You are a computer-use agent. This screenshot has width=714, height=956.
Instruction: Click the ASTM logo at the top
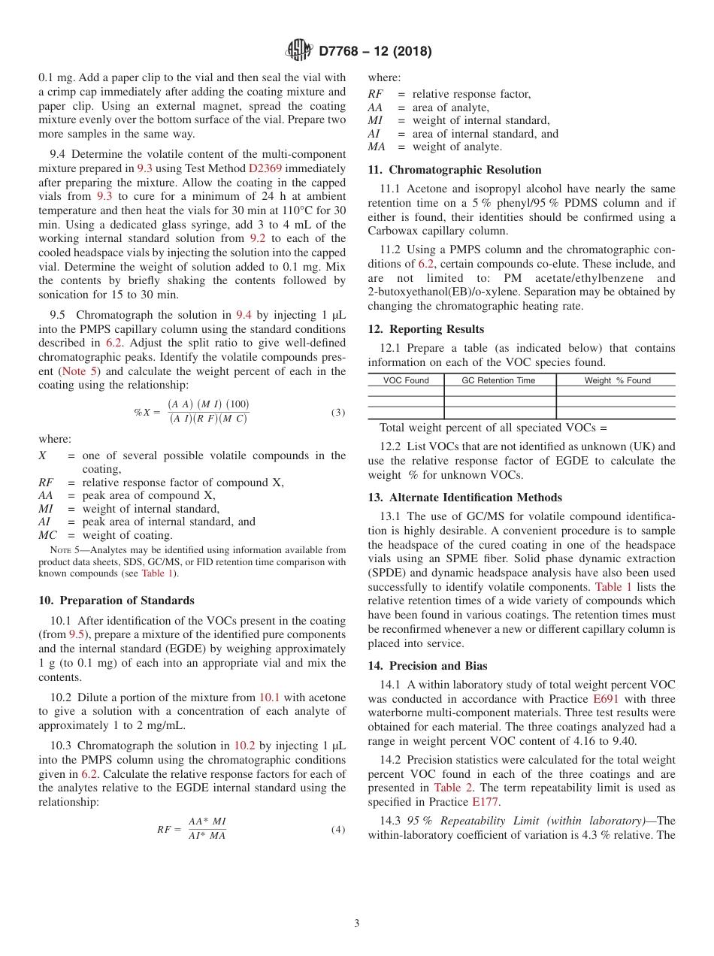coord(299,51)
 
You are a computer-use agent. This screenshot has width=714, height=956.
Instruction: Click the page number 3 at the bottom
coord(357,923)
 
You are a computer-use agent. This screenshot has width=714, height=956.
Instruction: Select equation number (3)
coord(338,413)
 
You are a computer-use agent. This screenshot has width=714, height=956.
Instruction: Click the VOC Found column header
coord(406,380)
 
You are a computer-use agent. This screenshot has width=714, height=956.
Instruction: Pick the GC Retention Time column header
coord(499,380)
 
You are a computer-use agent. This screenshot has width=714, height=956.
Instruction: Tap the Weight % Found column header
coord(617,380)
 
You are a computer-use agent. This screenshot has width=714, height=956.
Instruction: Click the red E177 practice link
coord(486,802)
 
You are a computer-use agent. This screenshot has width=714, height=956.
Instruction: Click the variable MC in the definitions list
coord(48,535)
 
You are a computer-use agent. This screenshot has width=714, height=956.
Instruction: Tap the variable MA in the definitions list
coord(378,147)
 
